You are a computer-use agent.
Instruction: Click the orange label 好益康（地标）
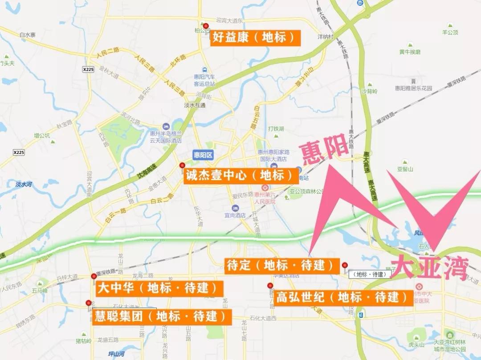coord(255,37)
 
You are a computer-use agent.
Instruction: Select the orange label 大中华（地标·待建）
coord(159,288)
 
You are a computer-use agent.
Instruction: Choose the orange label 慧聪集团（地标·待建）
coord(162,316)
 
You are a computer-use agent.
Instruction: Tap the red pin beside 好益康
coord(205,26)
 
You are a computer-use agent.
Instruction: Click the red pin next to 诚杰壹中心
coord(182,166)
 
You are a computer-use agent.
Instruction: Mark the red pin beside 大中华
coord(94,276)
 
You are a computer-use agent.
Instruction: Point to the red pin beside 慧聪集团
coord(89,303)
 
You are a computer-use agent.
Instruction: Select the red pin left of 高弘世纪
coord(270,286)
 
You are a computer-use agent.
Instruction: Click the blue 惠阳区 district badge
coord(204,155)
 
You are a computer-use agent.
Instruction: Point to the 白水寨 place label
coord(27,35)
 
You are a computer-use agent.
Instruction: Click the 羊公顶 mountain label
coord(450,32)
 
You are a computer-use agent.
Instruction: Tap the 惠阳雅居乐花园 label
coord(413,88)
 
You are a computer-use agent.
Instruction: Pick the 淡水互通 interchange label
coord(195,105)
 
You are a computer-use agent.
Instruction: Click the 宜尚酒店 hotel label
coord(235,215)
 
